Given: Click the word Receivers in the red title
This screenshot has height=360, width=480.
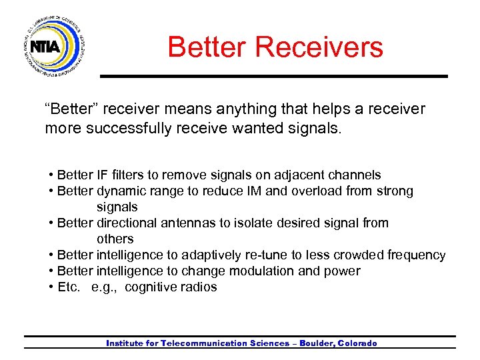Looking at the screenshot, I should tap(319, 47).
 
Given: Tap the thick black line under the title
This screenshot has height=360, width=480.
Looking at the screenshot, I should tap(273, 76).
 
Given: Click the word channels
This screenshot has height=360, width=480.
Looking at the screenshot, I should tap(355, 175).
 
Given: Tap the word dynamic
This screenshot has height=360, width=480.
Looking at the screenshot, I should tap(121, 191).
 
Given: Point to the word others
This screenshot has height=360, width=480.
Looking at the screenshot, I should tap(115, 239).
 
